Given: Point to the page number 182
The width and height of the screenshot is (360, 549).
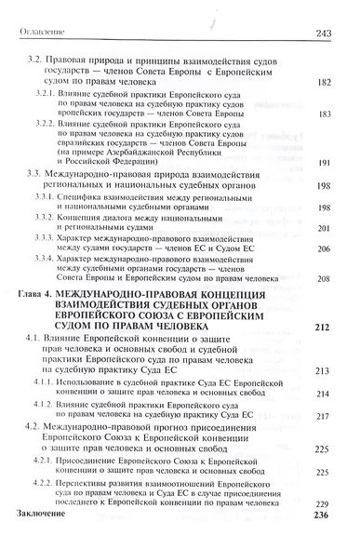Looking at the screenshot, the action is [x=325, y=83].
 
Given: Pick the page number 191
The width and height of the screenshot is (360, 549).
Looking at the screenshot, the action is [x=325, y=162].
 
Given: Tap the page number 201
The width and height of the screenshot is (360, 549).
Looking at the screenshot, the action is [x=325, y=229].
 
